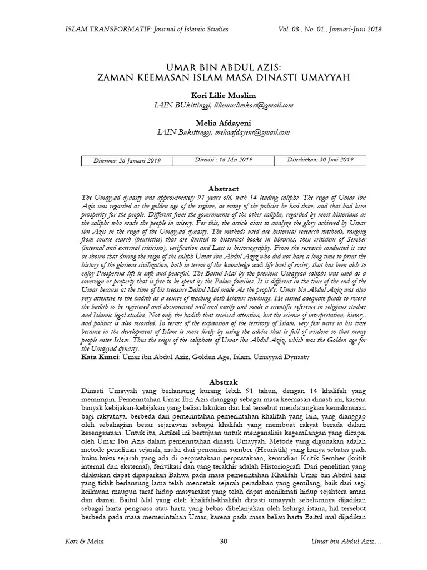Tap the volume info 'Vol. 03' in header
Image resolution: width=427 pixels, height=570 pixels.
tap(292, 29)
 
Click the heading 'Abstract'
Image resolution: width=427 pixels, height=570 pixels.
tap(222, 189)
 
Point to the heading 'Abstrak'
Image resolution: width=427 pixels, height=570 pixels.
tap(222, 382)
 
